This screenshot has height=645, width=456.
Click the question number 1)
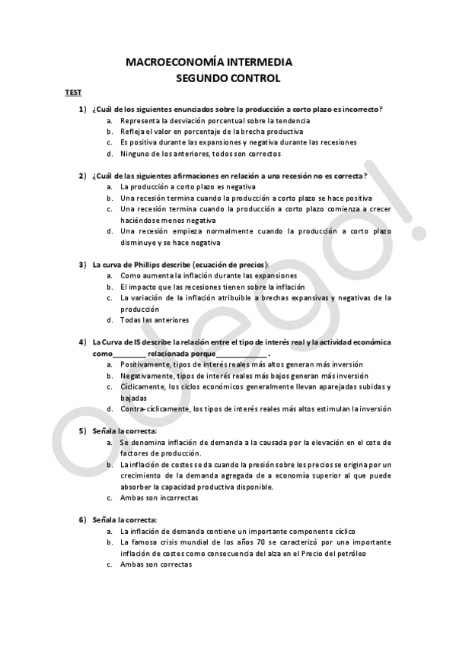82,110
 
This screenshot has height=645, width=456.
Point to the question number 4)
82,343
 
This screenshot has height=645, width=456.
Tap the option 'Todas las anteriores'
155,320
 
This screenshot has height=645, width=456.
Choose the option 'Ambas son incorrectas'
159,497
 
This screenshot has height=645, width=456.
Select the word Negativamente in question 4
147,376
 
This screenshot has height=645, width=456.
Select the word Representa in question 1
139,121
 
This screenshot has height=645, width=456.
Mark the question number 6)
82,519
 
